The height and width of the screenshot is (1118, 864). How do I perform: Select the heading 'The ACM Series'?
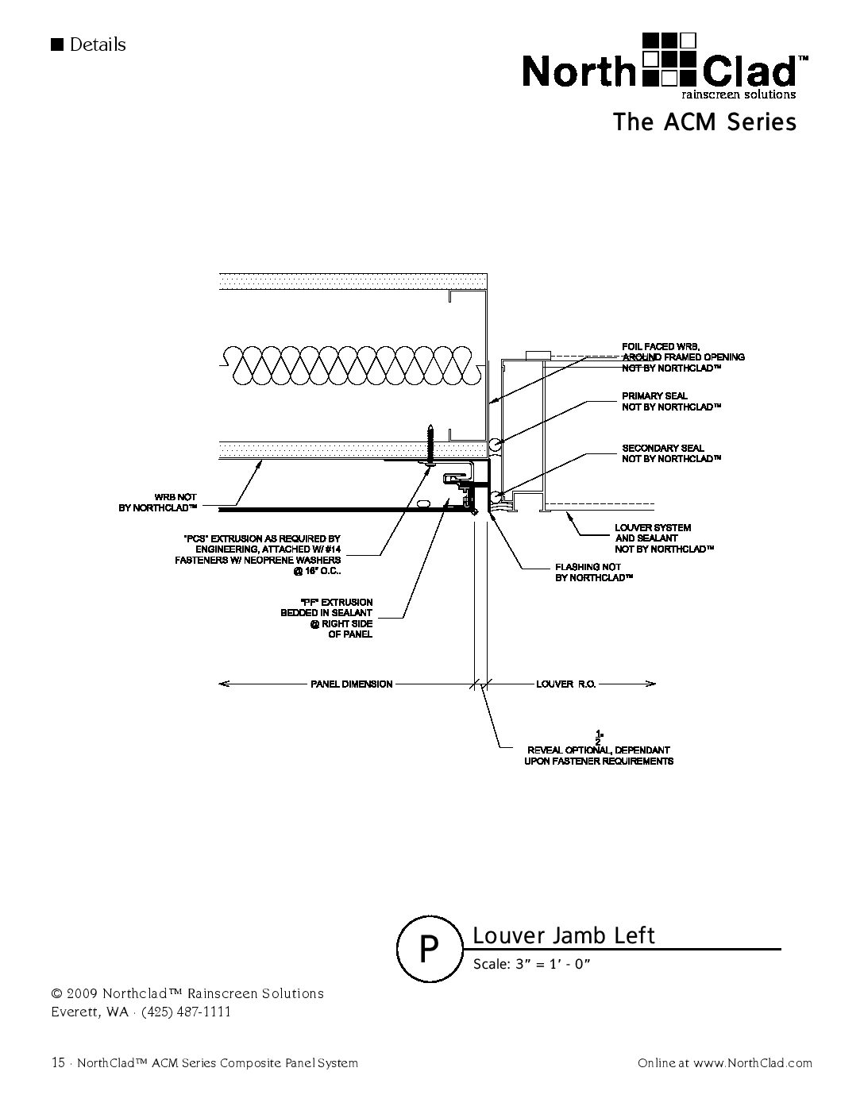[704, 122]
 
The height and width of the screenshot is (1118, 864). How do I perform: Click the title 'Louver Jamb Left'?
[564, 935]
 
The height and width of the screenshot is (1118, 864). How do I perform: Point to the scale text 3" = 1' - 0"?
[533, 964]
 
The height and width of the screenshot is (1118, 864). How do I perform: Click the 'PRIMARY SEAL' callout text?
[670, 402]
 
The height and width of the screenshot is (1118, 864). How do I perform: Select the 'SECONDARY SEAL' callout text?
[670, 453]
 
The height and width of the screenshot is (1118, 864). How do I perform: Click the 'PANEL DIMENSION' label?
[351, 684]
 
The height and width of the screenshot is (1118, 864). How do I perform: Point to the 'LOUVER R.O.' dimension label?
[565, 684]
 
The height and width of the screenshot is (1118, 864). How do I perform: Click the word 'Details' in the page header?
[98, 44]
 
